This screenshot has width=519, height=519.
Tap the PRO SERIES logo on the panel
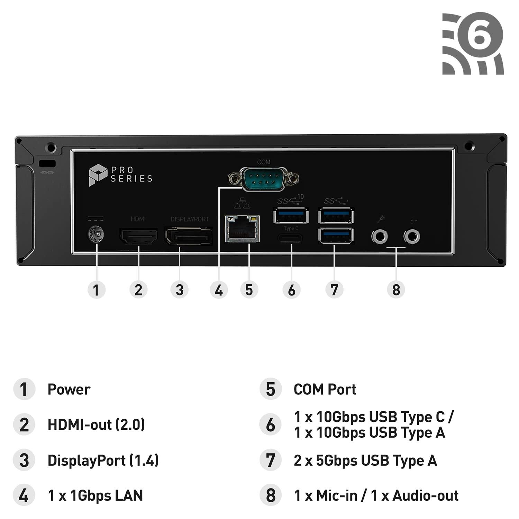coord(120,175)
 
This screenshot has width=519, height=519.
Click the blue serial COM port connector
coord(263,179)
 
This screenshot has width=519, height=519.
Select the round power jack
coord(96,234)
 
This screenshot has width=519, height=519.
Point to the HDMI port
coord(138,237)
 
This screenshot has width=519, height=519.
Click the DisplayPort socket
coord(188,236)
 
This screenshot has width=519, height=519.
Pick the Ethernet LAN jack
coord(242,229)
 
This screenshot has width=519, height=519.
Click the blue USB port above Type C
coord(291,216)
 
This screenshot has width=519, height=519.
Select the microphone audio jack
coord(380,237)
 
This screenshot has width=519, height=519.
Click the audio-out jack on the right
coord(412,237)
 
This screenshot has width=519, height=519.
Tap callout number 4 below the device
coord(219,290)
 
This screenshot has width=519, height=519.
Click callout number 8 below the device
coord(396,290)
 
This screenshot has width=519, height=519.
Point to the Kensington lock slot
coord(47,163)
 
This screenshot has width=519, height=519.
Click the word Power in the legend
coord(69,389)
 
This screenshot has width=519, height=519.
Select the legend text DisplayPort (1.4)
coord(103,461)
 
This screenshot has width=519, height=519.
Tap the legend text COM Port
coord(325,389)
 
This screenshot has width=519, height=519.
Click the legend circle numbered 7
coord(271,461)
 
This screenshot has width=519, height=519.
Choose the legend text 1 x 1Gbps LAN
coord(95,495)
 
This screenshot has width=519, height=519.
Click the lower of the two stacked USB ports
coord(336,236)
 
